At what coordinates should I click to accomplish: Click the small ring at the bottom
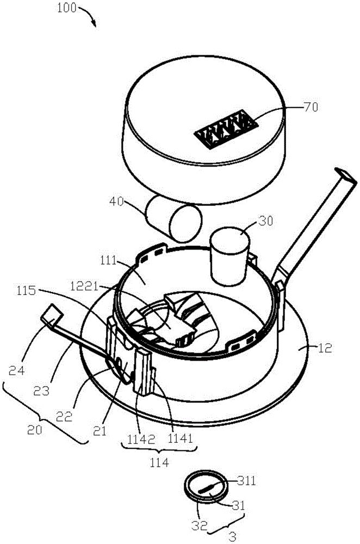click(204, 486)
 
